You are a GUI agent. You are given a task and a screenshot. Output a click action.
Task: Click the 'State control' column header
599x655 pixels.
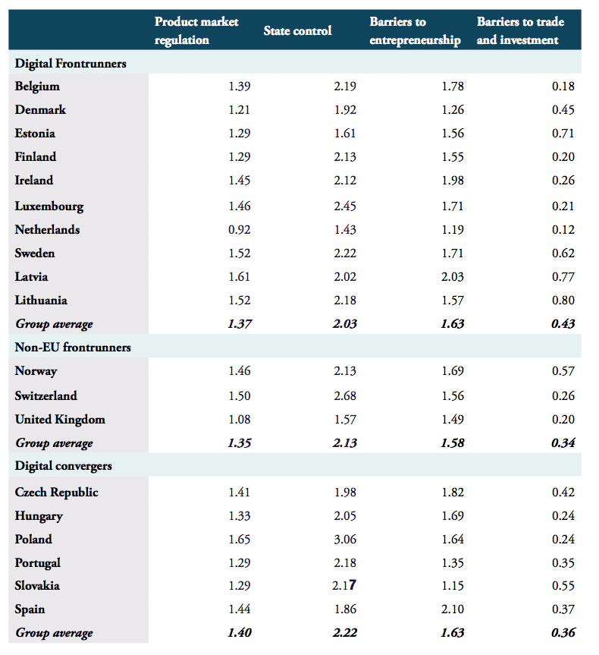click(x=297, y=31)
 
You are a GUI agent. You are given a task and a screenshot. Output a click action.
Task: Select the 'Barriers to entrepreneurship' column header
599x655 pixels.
click(x=415, y=31)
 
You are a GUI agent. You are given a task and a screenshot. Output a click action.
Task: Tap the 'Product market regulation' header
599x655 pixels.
click(x=196, y=31)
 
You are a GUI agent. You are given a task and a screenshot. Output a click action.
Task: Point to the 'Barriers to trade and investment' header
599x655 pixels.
click(x=520, y=31)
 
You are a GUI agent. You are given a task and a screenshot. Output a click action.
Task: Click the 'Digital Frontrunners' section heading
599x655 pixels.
click(x=71, y=63)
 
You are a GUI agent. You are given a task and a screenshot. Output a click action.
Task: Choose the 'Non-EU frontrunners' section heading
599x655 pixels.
click(x=73, y=348)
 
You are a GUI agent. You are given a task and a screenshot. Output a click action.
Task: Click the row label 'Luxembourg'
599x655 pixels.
click(x=49, y=206)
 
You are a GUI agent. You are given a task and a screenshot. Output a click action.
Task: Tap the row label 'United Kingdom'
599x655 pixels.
click(x=60, y=419)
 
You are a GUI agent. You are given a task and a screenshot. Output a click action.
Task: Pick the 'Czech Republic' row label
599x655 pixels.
click(x=57, y=492)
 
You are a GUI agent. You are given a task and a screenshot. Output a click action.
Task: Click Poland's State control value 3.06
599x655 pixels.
click(x=344, y=540)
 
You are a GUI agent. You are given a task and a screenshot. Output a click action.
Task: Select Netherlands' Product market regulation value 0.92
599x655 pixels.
click(x=239, y=229)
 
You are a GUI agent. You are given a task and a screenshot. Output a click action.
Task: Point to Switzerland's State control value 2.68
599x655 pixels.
click(x=344, y=395)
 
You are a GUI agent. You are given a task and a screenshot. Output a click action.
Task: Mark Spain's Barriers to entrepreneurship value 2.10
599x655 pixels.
click(x=452, y=609)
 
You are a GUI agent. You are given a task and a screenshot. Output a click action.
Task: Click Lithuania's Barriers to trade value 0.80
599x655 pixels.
click(x=563, y=301)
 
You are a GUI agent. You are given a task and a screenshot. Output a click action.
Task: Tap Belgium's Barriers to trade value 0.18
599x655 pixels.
click(x=563, y=87)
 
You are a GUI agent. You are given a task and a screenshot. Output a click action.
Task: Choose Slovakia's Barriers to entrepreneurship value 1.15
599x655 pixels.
click(x=452, y=586)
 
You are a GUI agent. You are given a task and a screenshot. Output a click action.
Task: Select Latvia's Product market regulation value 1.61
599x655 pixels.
click(x=239, y=277)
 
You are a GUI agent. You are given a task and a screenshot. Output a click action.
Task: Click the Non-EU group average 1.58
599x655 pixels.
click(x=452, y=443)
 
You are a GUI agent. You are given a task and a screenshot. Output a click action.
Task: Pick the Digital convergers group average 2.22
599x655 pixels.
click(x=344, y=633)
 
